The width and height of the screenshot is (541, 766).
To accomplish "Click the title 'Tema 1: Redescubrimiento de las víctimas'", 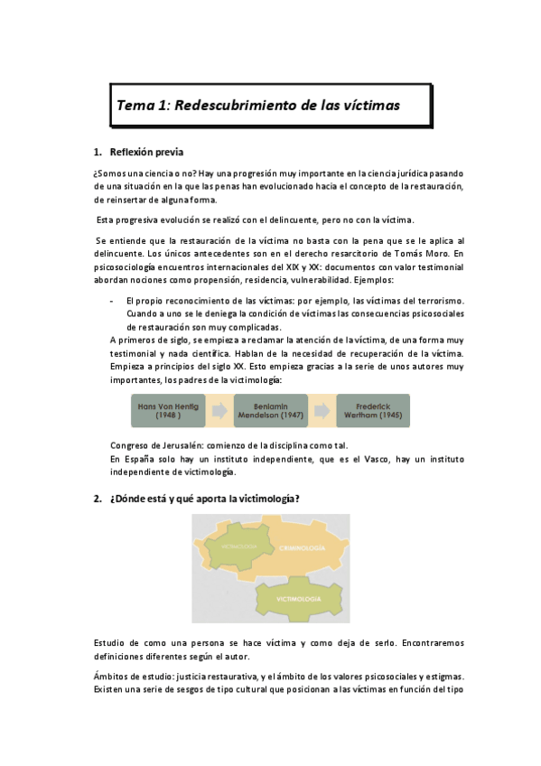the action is coord(258,105).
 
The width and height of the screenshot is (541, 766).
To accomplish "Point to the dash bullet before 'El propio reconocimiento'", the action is coord(111,300).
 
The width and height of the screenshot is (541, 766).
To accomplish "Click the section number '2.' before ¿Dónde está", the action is coord(98,498).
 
